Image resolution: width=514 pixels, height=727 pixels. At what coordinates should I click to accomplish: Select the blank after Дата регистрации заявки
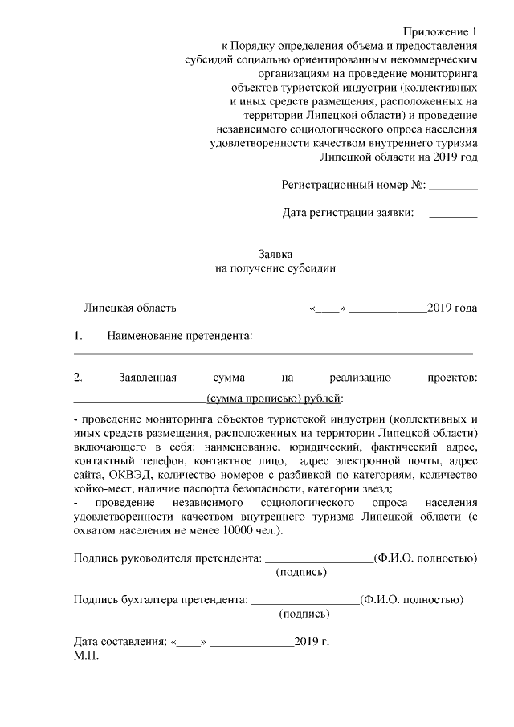click(453, 217)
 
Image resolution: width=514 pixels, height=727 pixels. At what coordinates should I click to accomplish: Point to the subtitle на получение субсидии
click(275, 269)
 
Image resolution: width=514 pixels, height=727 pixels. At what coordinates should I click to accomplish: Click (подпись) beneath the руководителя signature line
click(302, 573)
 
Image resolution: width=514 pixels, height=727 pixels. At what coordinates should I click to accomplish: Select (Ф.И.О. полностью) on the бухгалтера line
click(411, 599)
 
